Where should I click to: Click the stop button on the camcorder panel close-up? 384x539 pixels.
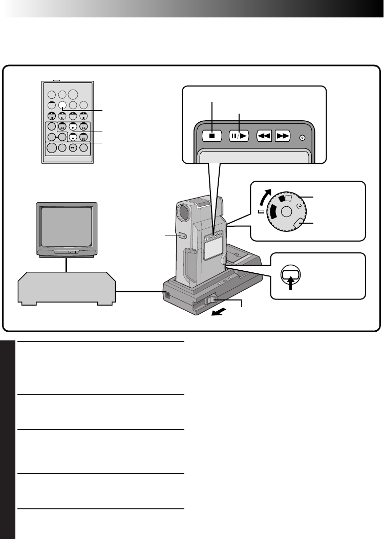[x=211, y=137]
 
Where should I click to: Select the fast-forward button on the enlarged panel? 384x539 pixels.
[x=283, y=137]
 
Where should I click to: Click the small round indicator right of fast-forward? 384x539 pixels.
[x=302, y=137]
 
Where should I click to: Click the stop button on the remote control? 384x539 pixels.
[x=73, y=137]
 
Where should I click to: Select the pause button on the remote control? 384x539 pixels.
[x=83, y=137]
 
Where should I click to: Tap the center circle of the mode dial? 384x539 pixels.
[x=286, y=210]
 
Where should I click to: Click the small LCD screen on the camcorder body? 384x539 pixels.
[x=210, y=251]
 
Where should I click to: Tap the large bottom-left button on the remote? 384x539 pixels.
[x=52, y=148]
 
